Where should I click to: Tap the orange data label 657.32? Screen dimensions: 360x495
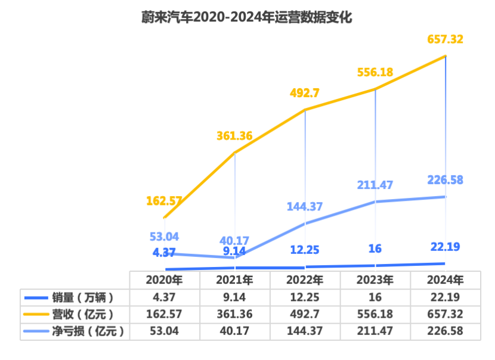pyautogui.click(x=445, y=39)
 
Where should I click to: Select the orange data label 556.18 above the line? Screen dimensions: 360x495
pyautogui.click(x=375, y=72)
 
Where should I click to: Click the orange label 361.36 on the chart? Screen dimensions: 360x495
pyautogui.click(x=234, y=136)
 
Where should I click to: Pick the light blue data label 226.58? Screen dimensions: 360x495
pyautogui.click(x=445, y=180)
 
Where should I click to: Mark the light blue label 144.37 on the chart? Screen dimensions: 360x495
pyautogui.click(x=305, y=207)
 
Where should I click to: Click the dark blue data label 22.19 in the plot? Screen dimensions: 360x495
pyautogui.click(x=445, y=247)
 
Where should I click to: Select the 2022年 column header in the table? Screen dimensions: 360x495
pyautogui.click(x=305, y=280)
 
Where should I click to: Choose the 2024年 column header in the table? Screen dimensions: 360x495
pyautogui.click(x=445, y=280)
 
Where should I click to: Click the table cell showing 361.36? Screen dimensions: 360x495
pyautogui.click(x=234, y=314)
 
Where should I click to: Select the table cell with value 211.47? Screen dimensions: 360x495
pyautogui.click(x=375, y=331)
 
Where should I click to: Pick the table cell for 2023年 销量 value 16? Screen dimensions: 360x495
pyautogui.click(x=375, y=297)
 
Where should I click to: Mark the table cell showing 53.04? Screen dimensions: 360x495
pyautogui.click(x=164, y=331)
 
